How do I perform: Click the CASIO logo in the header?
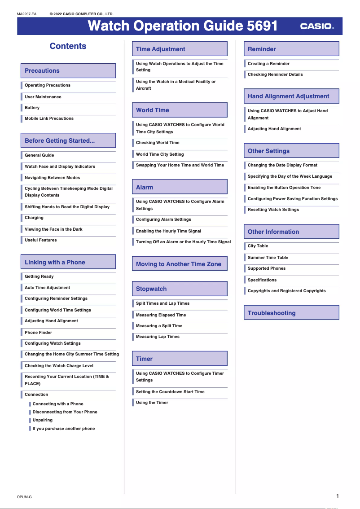tap(316, 26)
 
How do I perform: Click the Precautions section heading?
tap(42, 70)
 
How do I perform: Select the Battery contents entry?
tap(32, 108)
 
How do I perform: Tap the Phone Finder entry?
tap(39, 333)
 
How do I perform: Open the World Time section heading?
tap(153, 110)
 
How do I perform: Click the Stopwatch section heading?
tap(151, 289)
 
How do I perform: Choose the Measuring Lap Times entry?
tap(158, 337)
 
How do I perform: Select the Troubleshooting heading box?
tap(272, 313)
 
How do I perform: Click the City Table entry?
tap(258, 246)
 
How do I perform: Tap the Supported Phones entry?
tap(267, 268)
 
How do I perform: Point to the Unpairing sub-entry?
tap(43, 420)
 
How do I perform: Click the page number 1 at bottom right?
tap(338, 496)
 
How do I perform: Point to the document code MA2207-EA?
tap(26, 14)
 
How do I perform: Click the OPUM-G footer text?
tap(24, 497)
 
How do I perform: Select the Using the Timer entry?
tap(152, 403)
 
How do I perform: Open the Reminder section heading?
tap(262, 49)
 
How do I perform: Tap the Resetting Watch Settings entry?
tap(273, 210)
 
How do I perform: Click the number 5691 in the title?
tap(263, 26)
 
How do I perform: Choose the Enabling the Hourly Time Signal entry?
tap(168, 231)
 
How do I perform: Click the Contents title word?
tap(68, 46)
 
